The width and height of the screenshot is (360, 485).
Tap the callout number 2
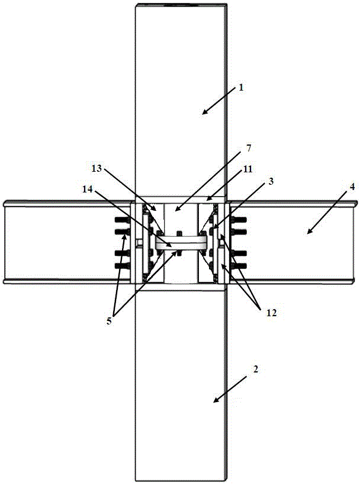click(x=255, y=368)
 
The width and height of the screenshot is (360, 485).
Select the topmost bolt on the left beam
click(x=119, y=224)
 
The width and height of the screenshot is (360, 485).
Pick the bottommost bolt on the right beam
click(x=240, y=266)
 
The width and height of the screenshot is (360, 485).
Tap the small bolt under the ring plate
click(x=177, y=253)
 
